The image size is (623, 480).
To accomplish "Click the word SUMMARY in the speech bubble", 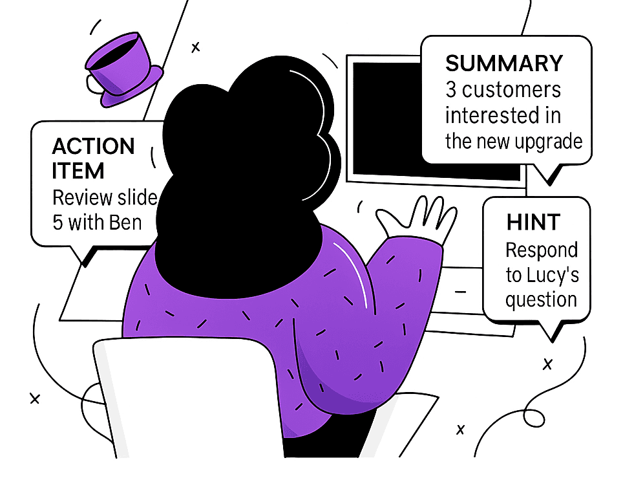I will [504, 63].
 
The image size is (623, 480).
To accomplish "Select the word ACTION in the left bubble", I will [93, 146].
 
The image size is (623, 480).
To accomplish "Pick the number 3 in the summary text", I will [451, 89].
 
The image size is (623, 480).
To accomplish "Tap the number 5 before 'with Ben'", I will [58, 222].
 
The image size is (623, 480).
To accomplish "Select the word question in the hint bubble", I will [540, 300].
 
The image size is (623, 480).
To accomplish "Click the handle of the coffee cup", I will [94, 83].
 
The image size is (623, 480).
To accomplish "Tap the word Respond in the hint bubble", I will [542, 250].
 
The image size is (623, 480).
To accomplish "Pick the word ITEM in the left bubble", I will [78, 171].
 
